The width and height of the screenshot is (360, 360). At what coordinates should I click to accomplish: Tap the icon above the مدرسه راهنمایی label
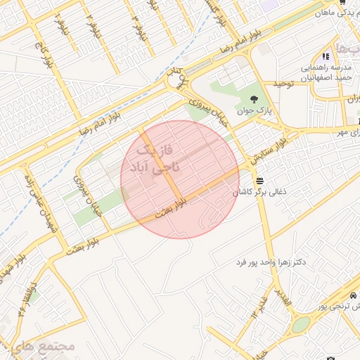point(326,56)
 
